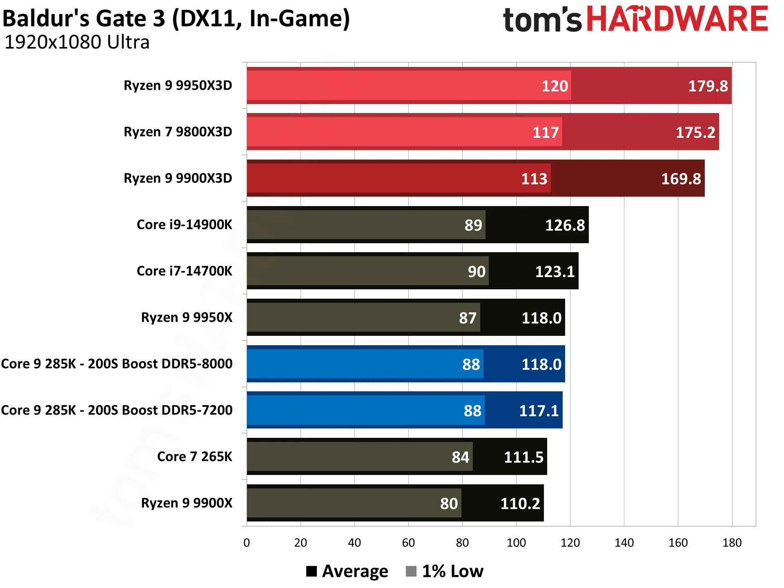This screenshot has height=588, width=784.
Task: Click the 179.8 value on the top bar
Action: click(708, 86)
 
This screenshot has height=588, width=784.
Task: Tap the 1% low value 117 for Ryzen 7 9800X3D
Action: click(546, 133)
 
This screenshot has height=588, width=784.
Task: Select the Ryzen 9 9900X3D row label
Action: click(178, 178)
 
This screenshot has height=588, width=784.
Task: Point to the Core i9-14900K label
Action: click(184, 225)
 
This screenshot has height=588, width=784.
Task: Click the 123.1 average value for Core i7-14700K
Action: click(555, 272)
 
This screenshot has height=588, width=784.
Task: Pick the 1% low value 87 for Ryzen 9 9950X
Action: click(468, 318)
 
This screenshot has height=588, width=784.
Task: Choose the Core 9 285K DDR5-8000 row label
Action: click(117, 364)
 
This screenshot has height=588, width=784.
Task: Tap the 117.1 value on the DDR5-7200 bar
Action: click(539, 411)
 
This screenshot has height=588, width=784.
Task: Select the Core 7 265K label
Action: click(194, 457)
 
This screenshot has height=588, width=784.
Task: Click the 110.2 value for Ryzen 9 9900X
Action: click(520, 504)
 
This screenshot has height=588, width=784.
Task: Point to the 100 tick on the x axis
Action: click(516, 543)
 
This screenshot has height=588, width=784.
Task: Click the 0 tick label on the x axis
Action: click(247, 543)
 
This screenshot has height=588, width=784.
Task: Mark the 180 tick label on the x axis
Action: click(732, 543)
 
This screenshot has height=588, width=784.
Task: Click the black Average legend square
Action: click(312, 571)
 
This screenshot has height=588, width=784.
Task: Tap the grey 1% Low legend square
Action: click(411, 571)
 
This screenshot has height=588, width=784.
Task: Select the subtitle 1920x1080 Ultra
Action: click(77, 42)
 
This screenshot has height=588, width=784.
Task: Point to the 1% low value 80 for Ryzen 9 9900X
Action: click(449, 504)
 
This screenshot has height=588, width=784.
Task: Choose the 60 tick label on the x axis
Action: click(408, 543)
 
